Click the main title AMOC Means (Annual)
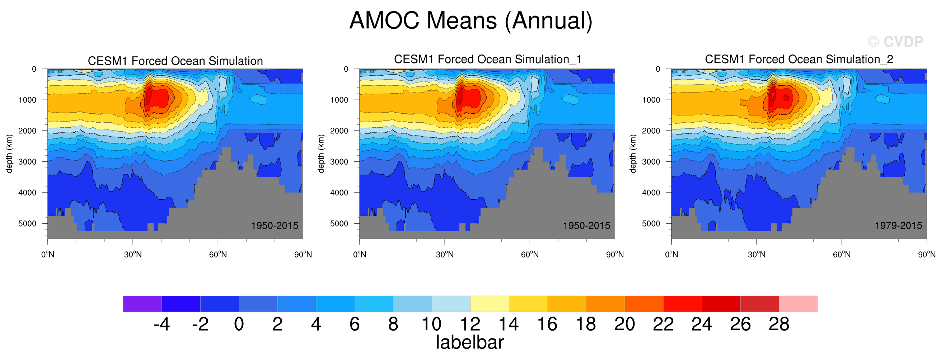coord(470,20)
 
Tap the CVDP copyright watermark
coord(895,42)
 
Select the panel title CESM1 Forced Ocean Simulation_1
coord(487,59)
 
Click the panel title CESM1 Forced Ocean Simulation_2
coord(799,59)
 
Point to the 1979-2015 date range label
coord(898,226)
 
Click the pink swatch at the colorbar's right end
coord(798,304)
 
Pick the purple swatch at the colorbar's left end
coord(142,304)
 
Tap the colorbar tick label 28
coord(779,324)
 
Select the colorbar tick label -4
coord(161,324)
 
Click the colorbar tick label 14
coord(509,324)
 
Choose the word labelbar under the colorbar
coord(470,342)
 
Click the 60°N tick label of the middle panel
coord(530,255)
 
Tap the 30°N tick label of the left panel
coord(132,255)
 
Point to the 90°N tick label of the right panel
coord(927,255)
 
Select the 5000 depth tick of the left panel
coord(27,223)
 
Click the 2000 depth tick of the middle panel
coord(340,131)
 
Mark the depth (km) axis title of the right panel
coord(633,153)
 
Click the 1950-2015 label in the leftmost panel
coord(275,226)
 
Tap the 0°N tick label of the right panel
coord(671,255)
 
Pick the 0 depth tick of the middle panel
coord(346,69)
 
